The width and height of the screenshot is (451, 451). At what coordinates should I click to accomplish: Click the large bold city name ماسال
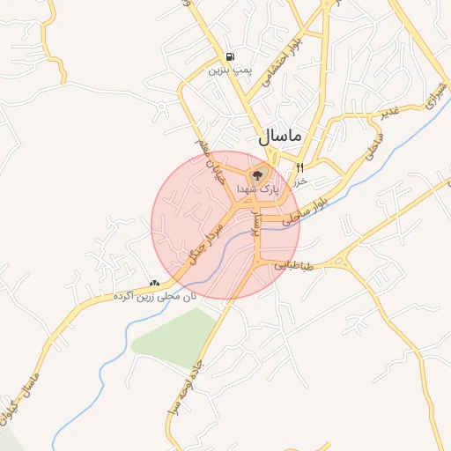pyautogui.click(x=280, y=137)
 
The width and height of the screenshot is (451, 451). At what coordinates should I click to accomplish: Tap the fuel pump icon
pyautogui.click(x=231, y=55)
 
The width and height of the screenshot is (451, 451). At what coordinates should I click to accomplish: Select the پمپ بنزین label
pyautogui.click(x=225, y=69)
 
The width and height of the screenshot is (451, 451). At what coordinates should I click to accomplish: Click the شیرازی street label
pyautogui.click(x=434, y=98)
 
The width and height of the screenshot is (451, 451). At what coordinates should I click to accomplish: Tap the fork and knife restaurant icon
pyautogui.click(x=300, y=167)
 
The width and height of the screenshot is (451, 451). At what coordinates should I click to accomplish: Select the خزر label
pyautogui.click(x=299, y=180)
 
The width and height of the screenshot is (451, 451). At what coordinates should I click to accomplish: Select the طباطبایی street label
pyautogui.click(x=293, y=264)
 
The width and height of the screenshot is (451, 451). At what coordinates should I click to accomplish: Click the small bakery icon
pyautogui.click(x=155, y=283)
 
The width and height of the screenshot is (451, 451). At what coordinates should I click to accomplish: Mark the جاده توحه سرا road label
pyautogui.click(x=184, y=388)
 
